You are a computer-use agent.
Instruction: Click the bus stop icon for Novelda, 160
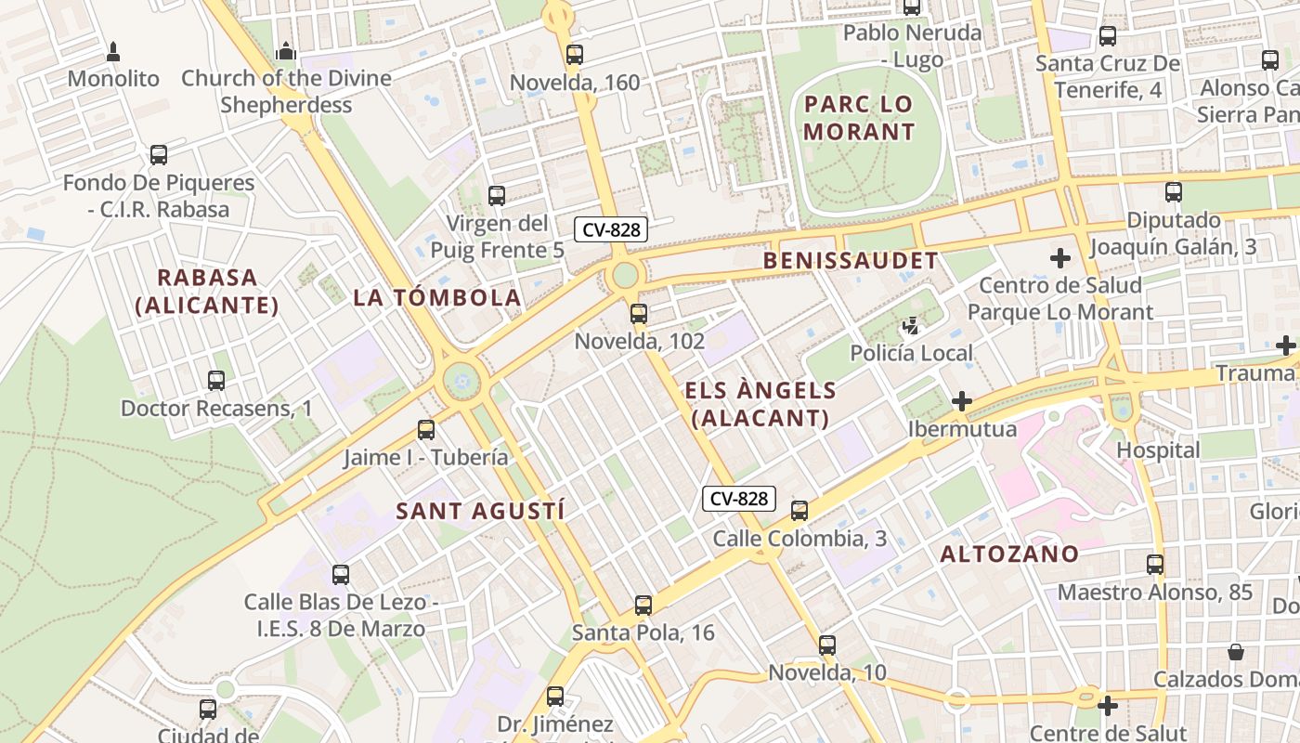575,55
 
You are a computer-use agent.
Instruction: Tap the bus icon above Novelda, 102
639,314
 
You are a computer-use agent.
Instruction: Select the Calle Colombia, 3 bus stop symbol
799,511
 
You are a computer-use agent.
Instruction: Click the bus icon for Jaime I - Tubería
426,430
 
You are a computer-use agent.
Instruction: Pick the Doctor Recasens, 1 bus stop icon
216,381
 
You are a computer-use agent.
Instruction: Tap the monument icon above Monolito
113,51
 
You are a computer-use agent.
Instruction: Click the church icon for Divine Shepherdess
286,50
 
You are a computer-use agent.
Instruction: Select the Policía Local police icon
911,326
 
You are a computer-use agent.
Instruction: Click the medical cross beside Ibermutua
962,401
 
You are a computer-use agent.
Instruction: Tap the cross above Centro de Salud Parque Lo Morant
1060,258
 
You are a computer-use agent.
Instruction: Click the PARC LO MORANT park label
859,117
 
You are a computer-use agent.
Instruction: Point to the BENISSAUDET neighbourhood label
851,261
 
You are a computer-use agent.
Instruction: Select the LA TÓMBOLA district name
436,298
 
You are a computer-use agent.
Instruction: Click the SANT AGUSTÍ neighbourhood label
480,511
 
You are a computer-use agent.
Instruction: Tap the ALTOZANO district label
1009,554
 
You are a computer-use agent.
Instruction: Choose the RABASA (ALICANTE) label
207,291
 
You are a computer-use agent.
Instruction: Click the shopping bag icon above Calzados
1236,652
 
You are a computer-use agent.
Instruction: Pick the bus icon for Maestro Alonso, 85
1155,565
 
